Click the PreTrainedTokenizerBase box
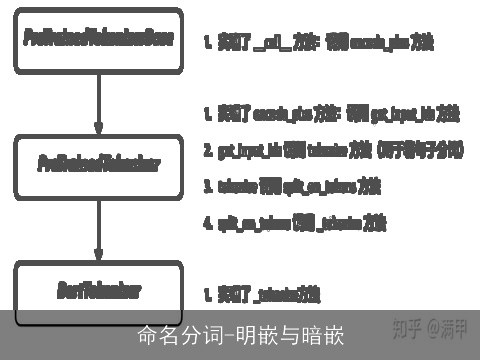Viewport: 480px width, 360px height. (98, 41)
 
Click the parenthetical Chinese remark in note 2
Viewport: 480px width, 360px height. (420, 149)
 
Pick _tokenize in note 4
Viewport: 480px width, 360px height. (340, 222)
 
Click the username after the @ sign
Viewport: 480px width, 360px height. (456, 328)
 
